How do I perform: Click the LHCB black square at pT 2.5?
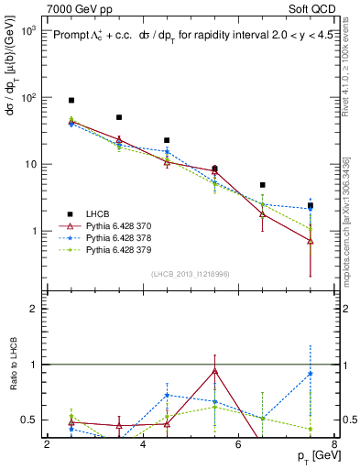point(71,100)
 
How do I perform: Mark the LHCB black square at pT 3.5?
point(119,117)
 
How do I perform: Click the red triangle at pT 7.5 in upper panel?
point(311,241)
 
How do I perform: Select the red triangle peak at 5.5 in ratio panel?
point(214,371)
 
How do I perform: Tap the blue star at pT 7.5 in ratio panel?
point(311,373)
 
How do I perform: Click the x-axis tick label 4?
point(143,444)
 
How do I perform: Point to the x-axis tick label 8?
point(334,444)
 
